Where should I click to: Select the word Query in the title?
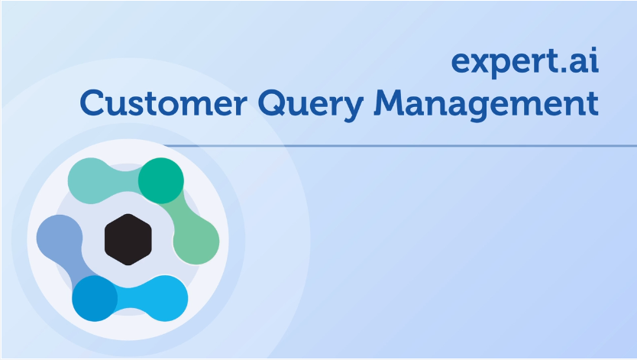pyautogui.click(x=311, y=105)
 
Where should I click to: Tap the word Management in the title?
pyautogui.click(x=487, y=105)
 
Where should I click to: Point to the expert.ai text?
pyautogui.click(x=525, y=63)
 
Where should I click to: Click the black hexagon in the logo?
pyautogui.click(x=128, y=239)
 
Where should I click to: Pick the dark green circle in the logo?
pyautogui.click(x=161, y=180)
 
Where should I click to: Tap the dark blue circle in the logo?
pyautogui.click(x=95, y=298)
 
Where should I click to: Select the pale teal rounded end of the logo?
pyautogui.click(x=91, y=180)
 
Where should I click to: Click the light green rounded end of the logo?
pyautogui.click(x=196, y=242)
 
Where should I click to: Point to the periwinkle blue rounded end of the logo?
pyautogui.click(x=60, y=238)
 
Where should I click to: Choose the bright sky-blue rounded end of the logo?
pyautogui.click(x=165, y=298)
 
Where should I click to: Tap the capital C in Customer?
pyautogui.click(x=92, y=102)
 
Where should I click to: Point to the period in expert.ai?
pyautogui.click(x=562, y=70)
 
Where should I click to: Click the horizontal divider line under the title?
pyautogui.click(x=400, y=145)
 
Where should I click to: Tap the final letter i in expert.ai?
pyautogui.click(x=595, y=60)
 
